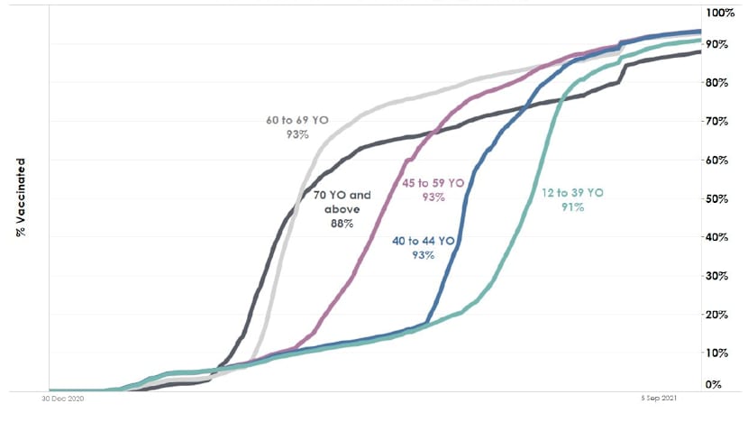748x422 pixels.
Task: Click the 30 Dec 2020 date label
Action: click(62, 398)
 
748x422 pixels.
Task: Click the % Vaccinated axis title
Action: click(20, 197)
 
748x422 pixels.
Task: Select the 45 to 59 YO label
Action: click(433, 183)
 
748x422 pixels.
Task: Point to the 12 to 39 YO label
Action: click(573, 192)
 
